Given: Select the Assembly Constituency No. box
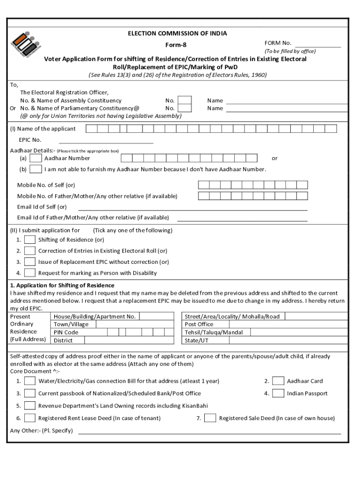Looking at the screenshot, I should point(185,101).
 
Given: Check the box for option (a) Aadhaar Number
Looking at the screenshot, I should point(35,159).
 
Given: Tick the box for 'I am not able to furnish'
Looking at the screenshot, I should point(35,169).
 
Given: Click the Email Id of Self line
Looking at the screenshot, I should point(193,207).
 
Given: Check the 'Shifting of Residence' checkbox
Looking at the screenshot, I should point(30,240).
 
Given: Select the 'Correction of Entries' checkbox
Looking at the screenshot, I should point(30,251).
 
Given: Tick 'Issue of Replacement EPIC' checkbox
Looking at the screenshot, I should point(30,262).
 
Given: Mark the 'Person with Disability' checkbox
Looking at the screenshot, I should point(30,273).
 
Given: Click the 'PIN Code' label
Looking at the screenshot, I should point(66,333).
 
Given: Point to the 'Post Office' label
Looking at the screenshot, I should point(199,325).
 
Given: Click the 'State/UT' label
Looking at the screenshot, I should point(197,341).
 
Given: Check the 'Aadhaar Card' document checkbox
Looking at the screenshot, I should point(278,381).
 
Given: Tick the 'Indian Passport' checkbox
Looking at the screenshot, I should point(278,393).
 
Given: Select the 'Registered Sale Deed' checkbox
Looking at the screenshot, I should point(210,418).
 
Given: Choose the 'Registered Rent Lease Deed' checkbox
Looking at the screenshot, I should point(30,418).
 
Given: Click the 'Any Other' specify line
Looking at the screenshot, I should point(209,431).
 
